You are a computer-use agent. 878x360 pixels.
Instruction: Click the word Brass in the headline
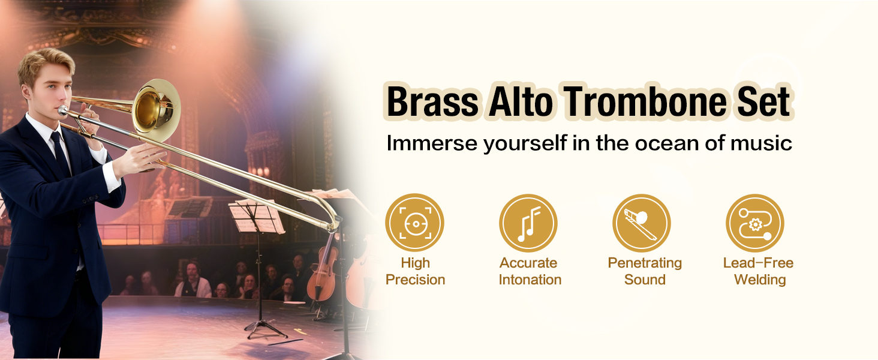(432, 101)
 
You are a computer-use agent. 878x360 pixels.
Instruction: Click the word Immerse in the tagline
(432, 143)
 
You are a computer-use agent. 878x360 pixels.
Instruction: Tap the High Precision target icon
(414, 223)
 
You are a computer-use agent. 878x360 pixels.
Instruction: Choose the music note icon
(528, 223)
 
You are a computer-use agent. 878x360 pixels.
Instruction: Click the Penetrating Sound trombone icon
(642, 223)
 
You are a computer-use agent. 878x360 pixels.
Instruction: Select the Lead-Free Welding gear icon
(755, 223)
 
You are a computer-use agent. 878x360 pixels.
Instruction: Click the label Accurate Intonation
(530, 271)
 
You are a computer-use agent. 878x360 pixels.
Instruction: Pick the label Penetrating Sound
(645, 271)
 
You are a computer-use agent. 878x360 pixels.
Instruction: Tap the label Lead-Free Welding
(759, 271)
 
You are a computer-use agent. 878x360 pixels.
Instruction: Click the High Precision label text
(415, 271)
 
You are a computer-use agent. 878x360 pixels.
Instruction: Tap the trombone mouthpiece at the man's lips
(63, 110)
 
